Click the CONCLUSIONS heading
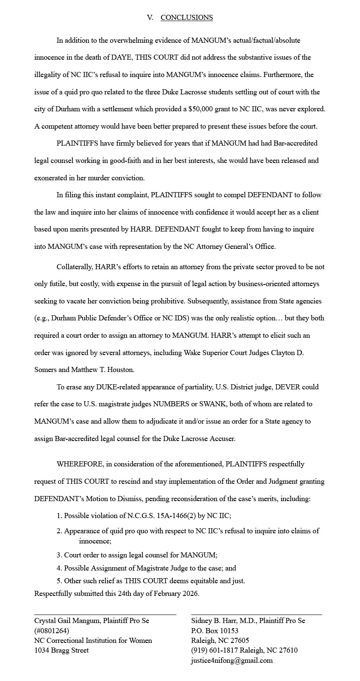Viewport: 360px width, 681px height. click(x=186, y=17)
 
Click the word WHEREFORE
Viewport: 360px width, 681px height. click(x=80, y=464)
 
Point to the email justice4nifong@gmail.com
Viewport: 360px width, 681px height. click(x=232, y=660)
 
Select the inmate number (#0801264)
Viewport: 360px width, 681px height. click(x=51, y=631)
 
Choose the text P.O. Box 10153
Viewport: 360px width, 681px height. click(x=215, y=631)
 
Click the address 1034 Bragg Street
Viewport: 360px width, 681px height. click(x=61, y=650)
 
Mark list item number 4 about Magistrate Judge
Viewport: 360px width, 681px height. click(x=146, y=568)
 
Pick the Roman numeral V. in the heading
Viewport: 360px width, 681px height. click(x=150, y=17)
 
